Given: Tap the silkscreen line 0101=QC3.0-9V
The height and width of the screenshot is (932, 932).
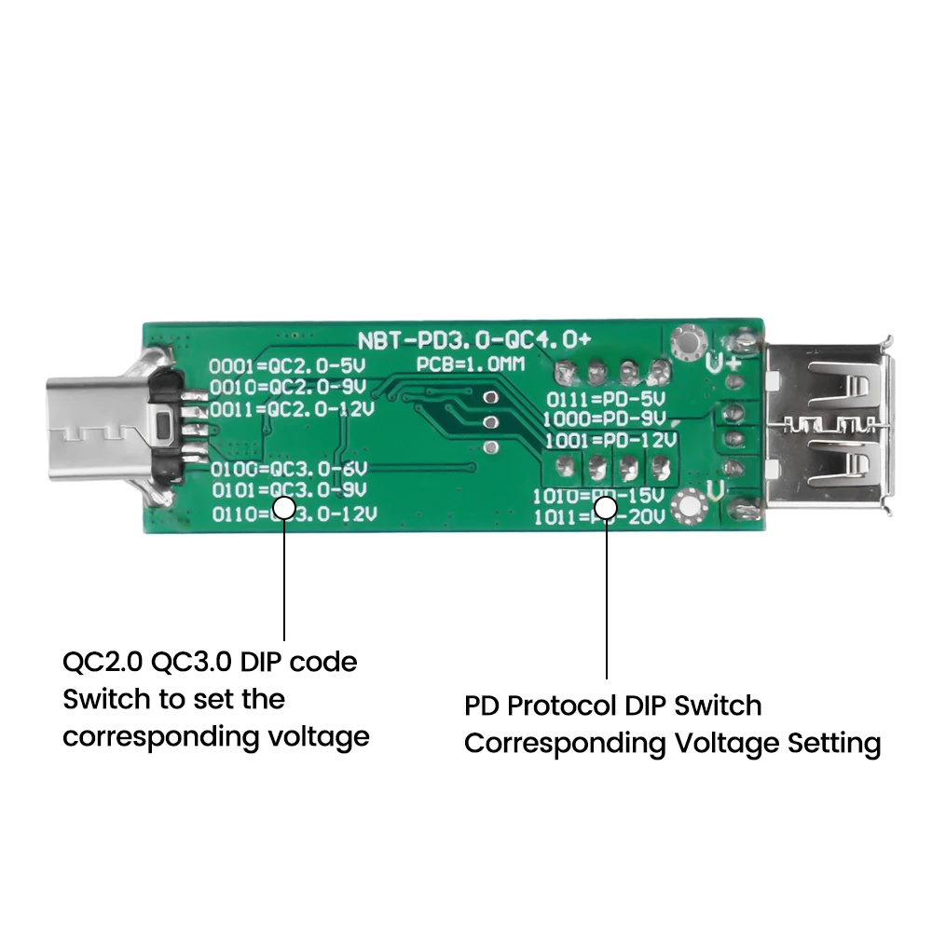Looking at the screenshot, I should coord(289,489).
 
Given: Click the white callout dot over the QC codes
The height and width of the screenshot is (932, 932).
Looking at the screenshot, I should coord(284,508).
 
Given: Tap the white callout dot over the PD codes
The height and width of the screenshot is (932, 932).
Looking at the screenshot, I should coord(607,508).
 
